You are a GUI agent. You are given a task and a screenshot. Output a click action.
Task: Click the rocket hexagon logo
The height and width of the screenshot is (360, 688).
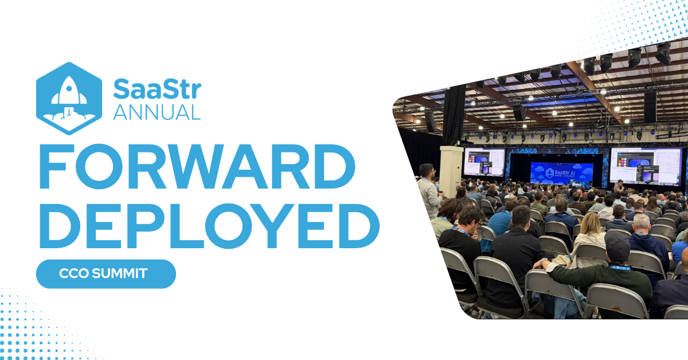(x=69, y=98)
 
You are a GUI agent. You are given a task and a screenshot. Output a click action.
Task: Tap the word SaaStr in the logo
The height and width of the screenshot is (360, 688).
(x=157, y=89)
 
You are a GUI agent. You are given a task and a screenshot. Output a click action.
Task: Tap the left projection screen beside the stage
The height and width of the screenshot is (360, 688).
(x=484, y=162)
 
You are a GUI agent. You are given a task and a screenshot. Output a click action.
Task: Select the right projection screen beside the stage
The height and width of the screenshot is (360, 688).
(x=645, y=167)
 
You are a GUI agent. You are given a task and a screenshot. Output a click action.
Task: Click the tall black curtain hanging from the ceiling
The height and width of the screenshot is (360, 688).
(x=454, y=115)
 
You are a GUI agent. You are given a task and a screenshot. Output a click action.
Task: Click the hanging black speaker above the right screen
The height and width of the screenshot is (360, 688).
(x=650, y=107)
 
